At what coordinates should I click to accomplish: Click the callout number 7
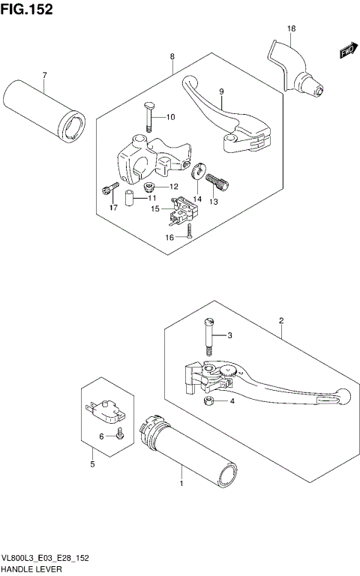click(x=44, y=75)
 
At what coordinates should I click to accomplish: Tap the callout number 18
click(x=291, y=29)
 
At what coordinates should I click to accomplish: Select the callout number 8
click(x=172, y=57)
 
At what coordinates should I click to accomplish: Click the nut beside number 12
click(x=150, y=186)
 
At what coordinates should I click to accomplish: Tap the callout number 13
click(x=213, y=202)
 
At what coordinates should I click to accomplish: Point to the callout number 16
click(x=170, y=237)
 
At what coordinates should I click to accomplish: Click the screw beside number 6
click(x=118, y=433)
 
